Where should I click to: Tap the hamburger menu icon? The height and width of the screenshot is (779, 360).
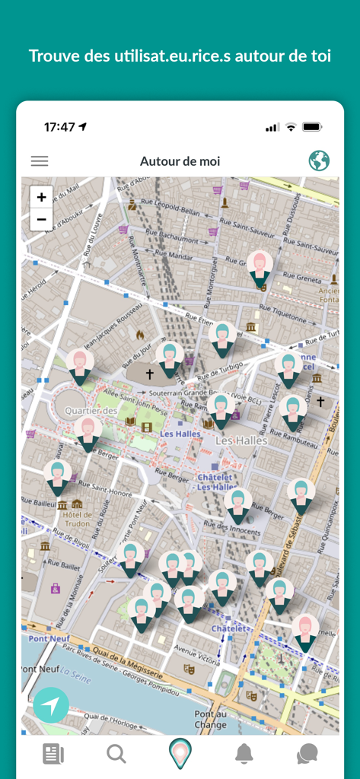[x=39, y=161]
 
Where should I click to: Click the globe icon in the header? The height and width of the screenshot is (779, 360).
[x=319, y=161]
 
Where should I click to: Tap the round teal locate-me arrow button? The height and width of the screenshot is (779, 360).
[x=51, y=706]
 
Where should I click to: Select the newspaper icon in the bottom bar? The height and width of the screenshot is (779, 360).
[x=53, y=754]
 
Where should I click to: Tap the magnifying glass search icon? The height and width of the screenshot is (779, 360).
[x=116, y=754]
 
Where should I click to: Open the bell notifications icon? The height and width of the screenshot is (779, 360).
[x=244, y=754]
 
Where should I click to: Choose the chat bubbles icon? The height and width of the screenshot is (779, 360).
[x=307, y=754]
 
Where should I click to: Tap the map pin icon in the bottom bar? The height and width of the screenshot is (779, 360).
[x=180, y=753]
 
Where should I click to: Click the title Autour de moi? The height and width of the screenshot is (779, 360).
[x=180, y=161]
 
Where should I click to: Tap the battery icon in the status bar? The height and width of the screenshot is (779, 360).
[x=312, y=127]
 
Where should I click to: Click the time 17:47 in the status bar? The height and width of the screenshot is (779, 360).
[x=59, y=127]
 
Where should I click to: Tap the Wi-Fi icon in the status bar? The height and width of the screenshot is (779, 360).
[x=291, y=127]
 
